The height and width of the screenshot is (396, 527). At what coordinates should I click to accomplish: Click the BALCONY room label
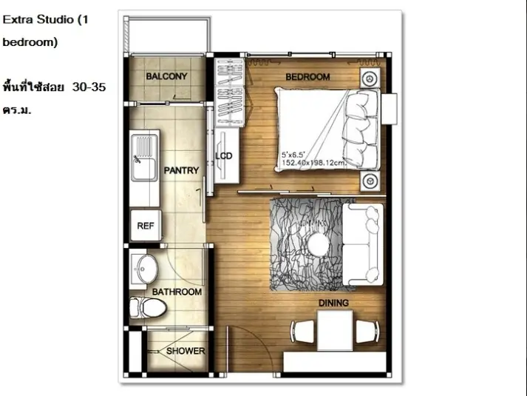coord(166,76)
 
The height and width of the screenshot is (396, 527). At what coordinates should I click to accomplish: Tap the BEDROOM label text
coord(307,77)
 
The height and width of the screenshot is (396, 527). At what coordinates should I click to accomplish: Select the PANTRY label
coord(181,170)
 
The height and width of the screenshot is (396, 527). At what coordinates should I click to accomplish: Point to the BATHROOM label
coord(177,292)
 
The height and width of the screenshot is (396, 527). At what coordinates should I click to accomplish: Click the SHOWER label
coord(186,351)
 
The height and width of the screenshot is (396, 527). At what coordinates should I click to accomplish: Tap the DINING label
coord(333,303)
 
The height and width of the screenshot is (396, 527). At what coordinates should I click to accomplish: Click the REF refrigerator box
coord(146,226)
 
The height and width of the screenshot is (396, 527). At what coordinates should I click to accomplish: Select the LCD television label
coord(224,156)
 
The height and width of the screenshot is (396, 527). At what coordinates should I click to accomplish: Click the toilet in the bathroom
coord(149,307)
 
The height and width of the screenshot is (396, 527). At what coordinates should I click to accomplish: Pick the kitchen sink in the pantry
coord(144,158)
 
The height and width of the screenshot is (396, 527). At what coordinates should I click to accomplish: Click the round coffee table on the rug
coord(319,244)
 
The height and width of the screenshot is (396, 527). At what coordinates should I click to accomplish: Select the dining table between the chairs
coord(335,330)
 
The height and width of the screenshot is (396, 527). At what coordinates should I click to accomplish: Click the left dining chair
coord(302,332)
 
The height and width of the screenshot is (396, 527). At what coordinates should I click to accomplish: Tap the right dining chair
coord(367,332)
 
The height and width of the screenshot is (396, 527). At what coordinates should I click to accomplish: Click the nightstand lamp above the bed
coord(370,78)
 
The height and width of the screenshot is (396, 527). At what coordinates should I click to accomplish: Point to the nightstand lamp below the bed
coord(370,181)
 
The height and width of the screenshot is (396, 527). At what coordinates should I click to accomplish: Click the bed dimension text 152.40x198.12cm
coord(313,163)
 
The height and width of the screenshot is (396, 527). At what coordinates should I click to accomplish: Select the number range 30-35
coord(89,87)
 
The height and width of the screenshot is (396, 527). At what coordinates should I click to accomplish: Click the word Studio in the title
coord(55,19)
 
